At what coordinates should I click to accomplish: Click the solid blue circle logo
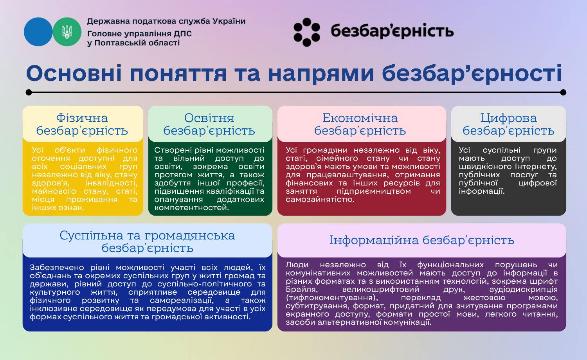[x=38, y=32]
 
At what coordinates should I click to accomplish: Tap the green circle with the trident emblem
[x=67, y=32]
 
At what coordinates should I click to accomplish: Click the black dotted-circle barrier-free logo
[x=306, y=32]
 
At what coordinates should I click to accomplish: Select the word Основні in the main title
[x=74, y=74]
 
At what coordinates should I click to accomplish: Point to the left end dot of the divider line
[x=29, y=92]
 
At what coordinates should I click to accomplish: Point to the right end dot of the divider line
[x=563, y=92]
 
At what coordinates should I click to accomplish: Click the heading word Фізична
[x=82, y=118]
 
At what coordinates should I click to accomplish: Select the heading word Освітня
[x=209, y=118]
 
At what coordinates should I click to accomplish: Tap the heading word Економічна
[x=360, y=118]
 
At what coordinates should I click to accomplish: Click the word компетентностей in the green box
[x=192, y=208]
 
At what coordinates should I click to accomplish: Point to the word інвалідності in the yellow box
[x=111, y=183]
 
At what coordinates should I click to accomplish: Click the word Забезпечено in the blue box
[x=57, y=268]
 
